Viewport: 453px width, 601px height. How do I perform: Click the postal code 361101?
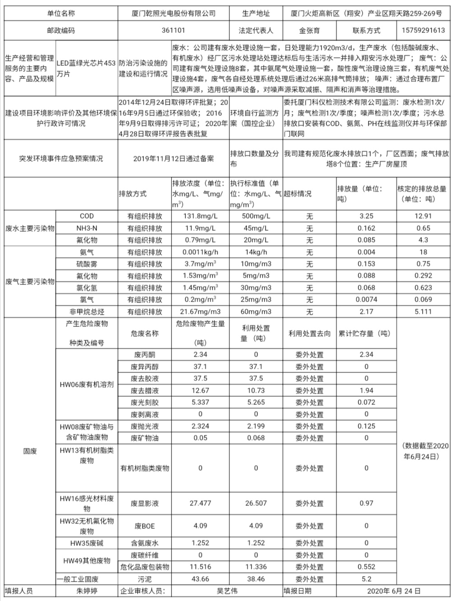(x=173, y=31)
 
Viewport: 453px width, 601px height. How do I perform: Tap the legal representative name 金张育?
(x=309, y=31)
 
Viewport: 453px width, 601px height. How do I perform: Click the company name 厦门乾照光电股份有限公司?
(x=173, y=13)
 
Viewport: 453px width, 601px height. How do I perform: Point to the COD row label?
(x=87, y=216)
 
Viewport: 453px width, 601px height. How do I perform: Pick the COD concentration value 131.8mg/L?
(x=200, y=216)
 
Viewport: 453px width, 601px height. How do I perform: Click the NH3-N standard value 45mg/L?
(x=256, y=228)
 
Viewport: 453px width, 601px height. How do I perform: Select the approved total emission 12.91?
(x=423, y=216)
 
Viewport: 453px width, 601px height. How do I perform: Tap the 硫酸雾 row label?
(x=87, y=264)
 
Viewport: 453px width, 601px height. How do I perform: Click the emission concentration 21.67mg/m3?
(x=200, y=312)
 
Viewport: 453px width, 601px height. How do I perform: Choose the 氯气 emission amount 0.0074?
(x=366, y=299)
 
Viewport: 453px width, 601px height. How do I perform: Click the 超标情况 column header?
(x=298, y=194)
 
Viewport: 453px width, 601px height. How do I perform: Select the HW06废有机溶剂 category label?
(x=87, y=385)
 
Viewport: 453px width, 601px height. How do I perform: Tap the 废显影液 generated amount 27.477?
(x=200, y=503)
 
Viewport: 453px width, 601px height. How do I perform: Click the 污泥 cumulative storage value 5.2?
(x=366, y=579)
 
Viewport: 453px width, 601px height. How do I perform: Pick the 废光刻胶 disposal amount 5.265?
(x=256, y=402)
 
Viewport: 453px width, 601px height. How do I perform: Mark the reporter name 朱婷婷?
(x=87, y=591)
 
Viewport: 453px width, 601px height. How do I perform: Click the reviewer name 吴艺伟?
(x=227, y=591)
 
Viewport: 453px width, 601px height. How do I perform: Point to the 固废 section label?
(x=30, y=451)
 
